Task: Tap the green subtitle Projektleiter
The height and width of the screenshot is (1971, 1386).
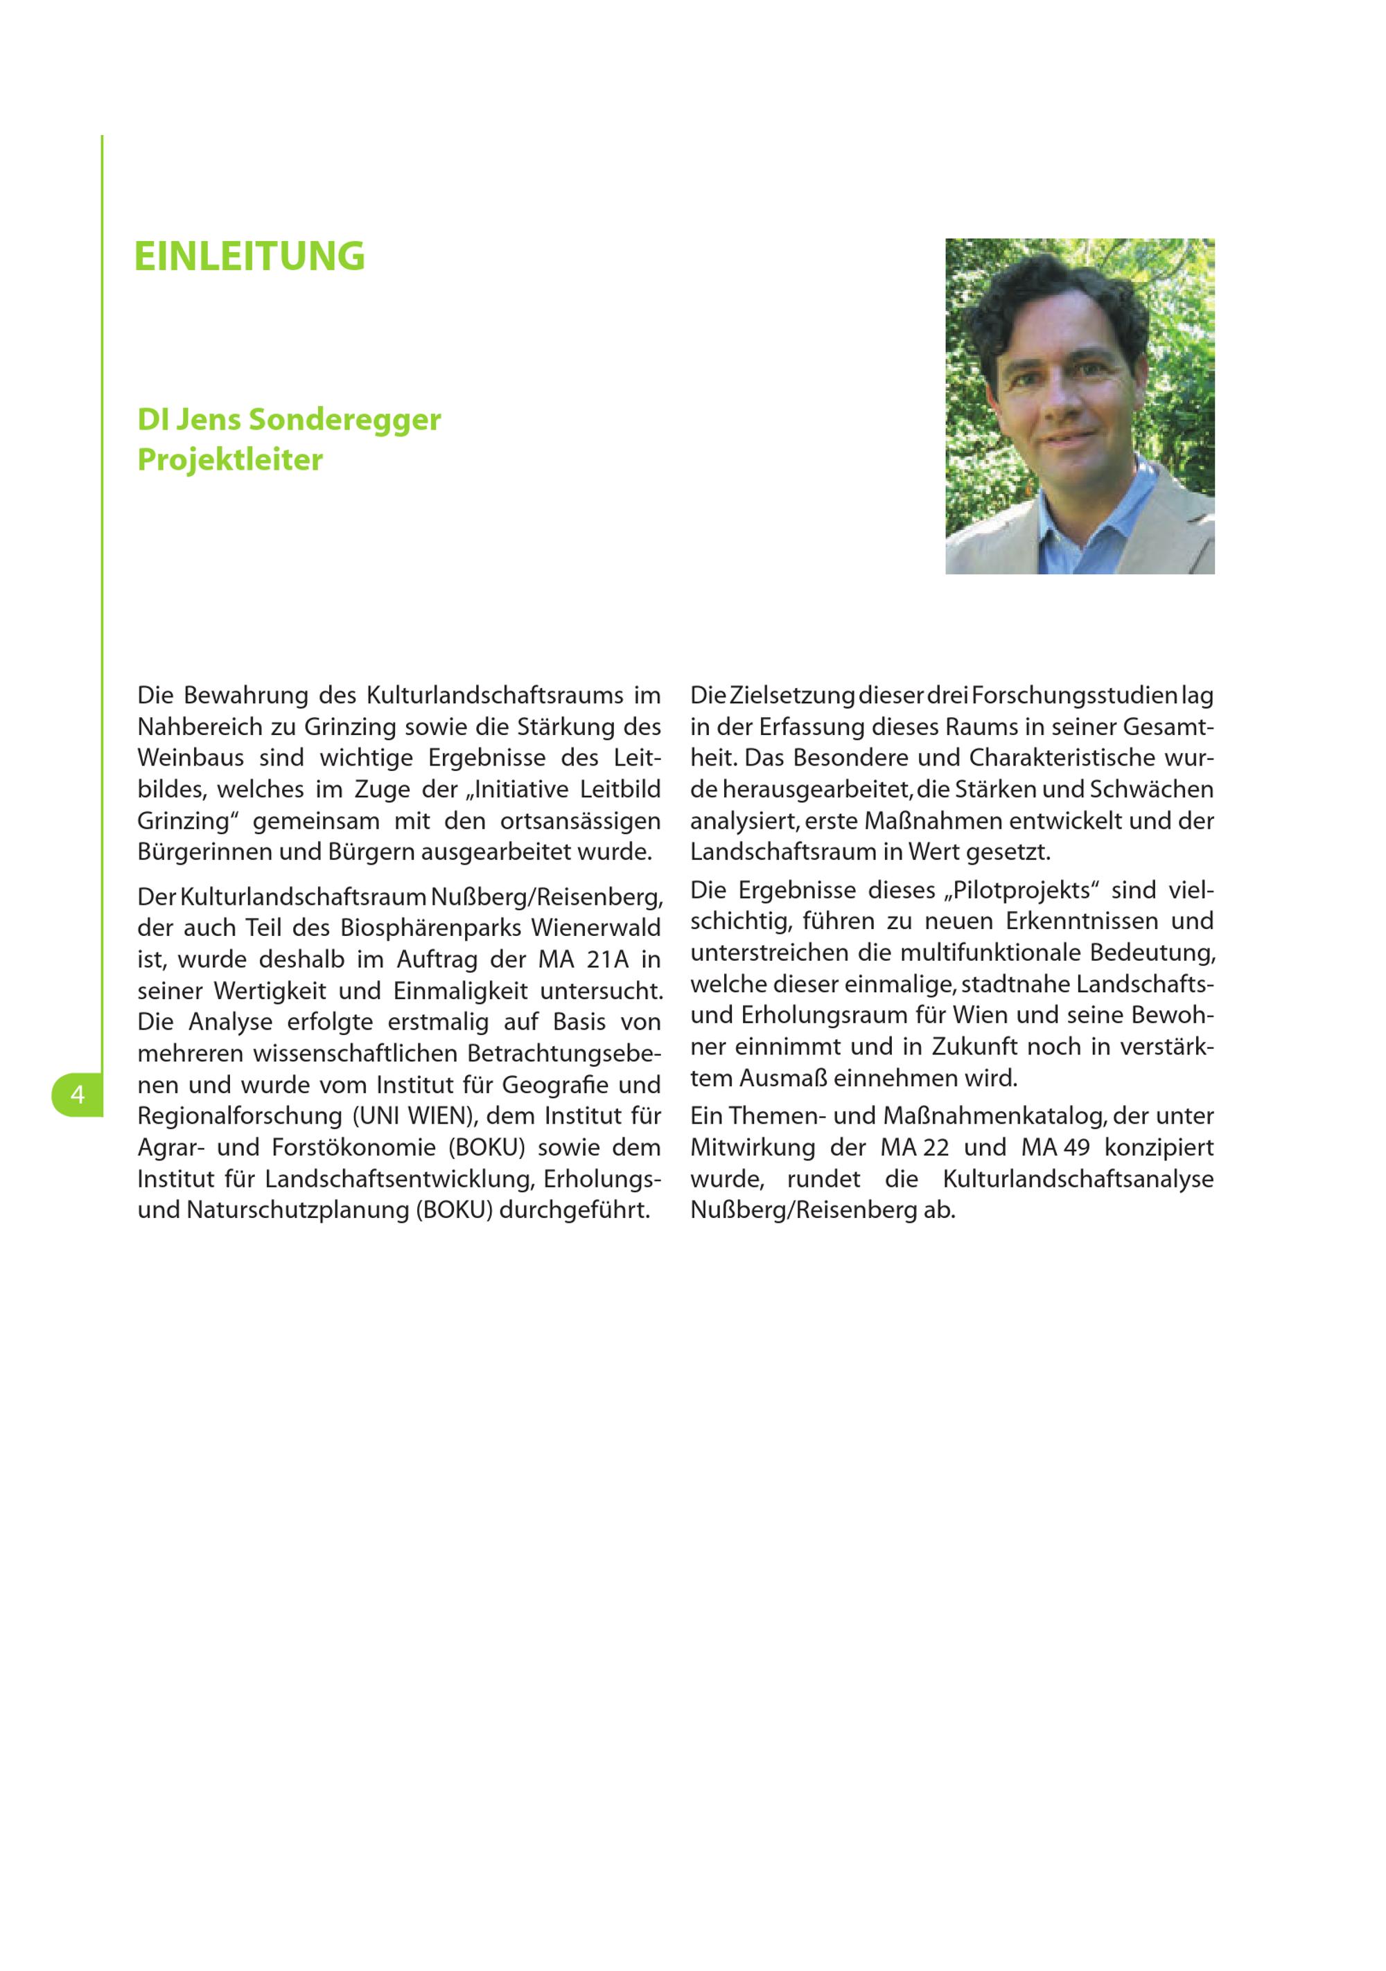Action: click(230, 459)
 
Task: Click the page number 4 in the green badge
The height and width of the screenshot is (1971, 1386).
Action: click(78, 1095)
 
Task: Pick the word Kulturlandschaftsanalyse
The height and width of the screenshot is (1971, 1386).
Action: click(1078, 1178)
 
